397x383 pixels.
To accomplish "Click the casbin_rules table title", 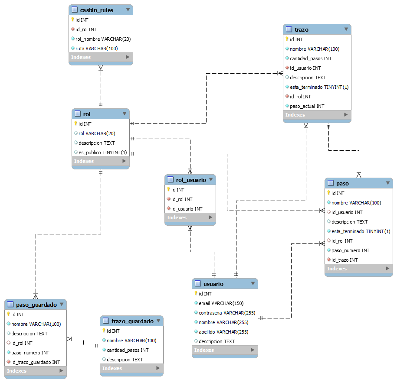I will click(x=97, y=10).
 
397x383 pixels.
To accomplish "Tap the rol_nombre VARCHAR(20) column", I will click(x=103, y=39).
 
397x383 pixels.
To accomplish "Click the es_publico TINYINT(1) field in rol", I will click(x=102, y=153).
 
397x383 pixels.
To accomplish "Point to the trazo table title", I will click(x=302, y=29).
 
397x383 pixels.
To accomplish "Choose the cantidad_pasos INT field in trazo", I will click(x=311, y=58).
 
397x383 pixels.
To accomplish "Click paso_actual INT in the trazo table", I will click(x=307, y=106).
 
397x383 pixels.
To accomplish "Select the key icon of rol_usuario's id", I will click(x=169, y=190).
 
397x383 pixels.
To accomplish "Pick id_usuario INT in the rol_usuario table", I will click(x=187, y=209).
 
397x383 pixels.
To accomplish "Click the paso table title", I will click(x=342, y=183).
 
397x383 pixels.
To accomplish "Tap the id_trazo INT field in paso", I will click(x=345, y=260).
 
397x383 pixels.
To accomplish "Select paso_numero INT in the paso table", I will click(x=350, y=250).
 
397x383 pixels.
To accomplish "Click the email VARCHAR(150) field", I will click(x=221, y=303).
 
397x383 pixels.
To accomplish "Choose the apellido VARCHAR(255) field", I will click(x=223, y=332).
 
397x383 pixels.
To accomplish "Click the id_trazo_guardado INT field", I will click(x=36, y=362).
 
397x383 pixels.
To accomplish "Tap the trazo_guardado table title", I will click(x=132, y=321).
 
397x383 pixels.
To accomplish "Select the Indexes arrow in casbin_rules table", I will click(x=128, y=57).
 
